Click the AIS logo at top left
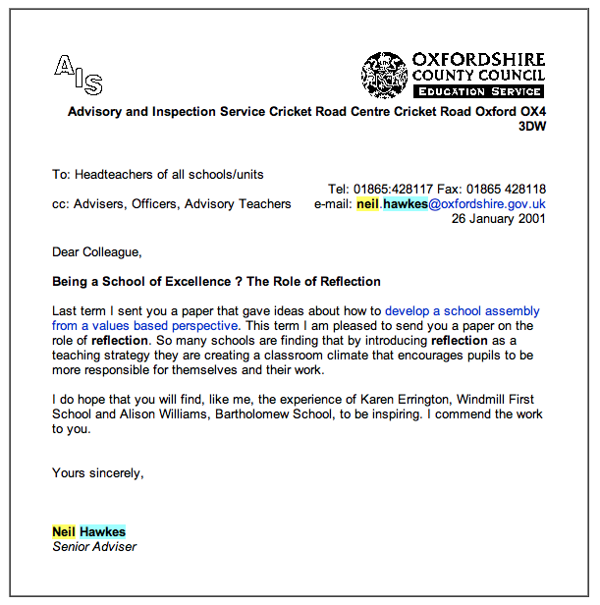79,74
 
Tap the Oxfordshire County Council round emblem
384,75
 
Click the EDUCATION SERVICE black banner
477,91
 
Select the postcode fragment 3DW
532,126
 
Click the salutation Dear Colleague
97,252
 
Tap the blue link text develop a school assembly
462,311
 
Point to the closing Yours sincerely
98,473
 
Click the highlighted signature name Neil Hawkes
89,532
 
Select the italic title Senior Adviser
94,546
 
